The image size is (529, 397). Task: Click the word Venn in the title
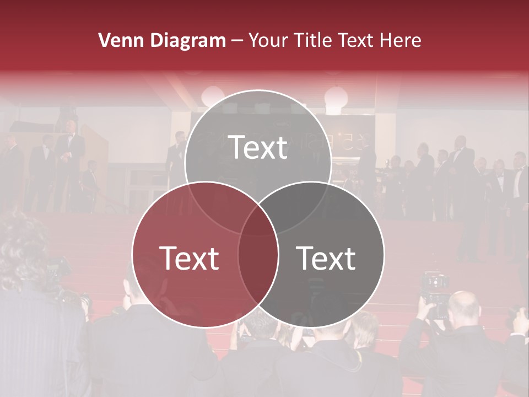(116, 40)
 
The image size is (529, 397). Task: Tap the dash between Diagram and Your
(237, 41)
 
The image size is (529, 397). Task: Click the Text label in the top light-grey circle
(258, 147)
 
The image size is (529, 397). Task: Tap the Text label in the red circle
(189, 257)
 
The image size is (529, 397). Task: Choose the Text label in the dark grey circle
(326, 257)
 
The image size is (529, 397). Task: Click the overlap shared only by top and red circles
(212, 204)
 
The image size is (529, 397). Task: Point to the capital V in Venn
(105, 40)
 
